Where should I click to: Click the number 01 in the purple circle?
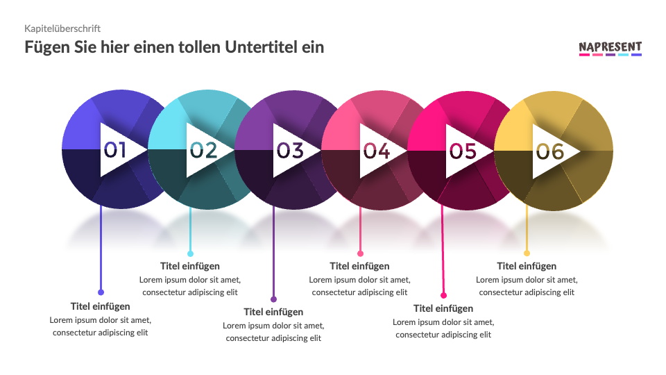tap(115, 150)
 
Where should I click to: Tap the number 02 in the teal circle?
tap(203, 150)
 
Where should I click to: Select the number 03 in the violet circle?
tap(290, 150)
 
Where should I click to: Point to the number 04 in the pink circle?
tap(376, 150)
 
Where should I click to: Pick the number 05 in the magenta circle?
tap(463, 150)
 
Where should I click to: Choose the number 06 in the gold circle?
tap(549, 150)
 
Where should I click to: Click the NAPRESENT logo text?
tap(610, 47)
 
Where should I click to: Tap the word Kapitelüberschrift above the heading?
tap(62, 28)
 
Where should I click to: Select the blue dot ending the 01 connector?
tap(101, 292)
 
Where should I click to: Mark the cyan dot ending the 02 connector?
tap(190, 253)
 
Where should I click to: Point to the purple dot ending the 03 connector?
tap(273, 299)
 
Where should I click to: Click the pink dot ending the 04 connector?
tap(360, 253)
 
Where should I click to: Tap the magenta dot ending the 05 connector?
tap(444, 295)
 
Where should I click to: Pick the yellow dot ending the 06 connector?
tap(527, 253)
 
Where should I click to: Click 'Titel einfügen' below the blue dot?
tap(101, 306)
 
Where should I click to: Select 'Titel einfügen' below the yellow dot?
tap(527, 266)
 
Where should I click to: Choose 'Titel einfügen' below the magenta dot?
tap(443, 308)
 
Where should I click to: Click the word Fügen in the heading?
tap(47, 47)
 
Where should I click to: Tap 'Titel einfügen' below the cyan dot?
tap(190, 266)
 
